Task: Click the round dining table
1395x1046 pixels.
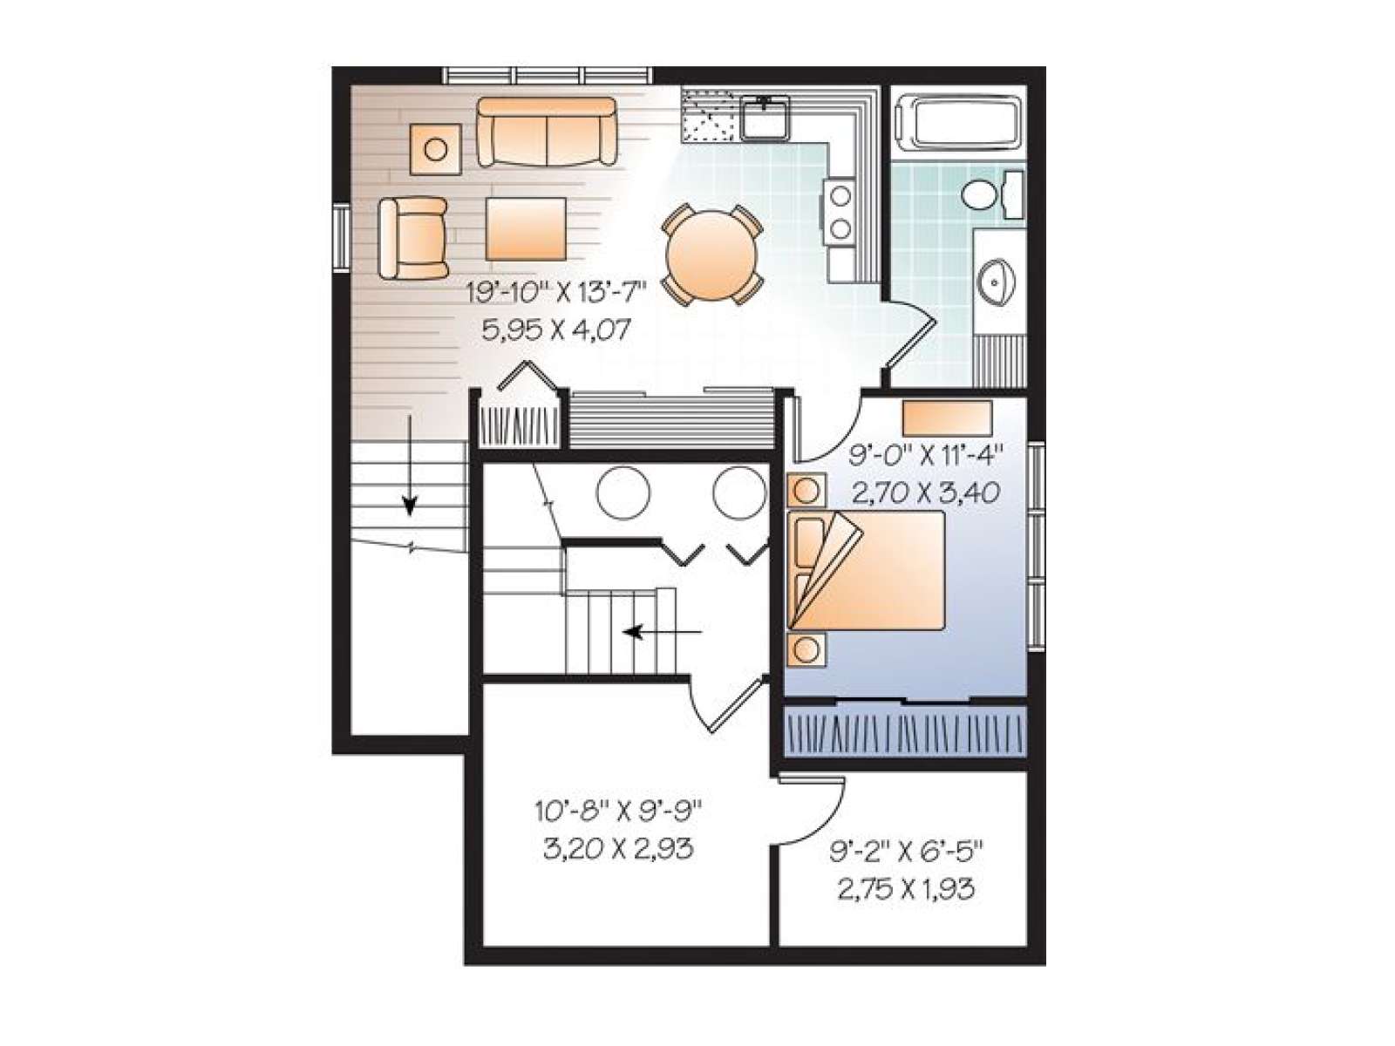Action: [x=711, y=256]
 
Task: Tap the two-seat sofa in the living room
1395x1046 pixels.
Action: [x=547, y=132]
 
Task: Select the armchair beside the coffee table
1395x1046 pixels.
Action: [x=412, y=238]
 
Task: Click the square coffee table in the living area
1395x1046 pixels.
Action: [x=526, y=228]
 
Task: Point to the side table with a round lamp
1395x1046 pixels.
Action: [x=435, y=149]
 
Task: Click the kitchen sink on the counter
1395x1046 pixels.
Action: [x=766, y=118]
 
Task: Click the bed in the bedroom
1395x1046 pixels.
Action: [x=867, y=570]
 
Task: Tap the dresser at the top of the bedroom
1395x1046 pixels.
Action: [x=947, y=417]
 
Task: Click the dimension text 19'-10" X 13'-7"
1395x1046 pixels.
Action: [x=556, y=294]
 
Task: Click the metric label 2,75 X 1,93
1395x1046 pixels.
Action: [x=906, y=889]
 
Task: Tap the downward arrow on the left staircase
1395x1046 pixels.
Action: [x=410, y=465]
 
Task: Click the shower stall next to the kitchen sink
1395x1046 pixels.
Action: [x=707, y=116]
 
